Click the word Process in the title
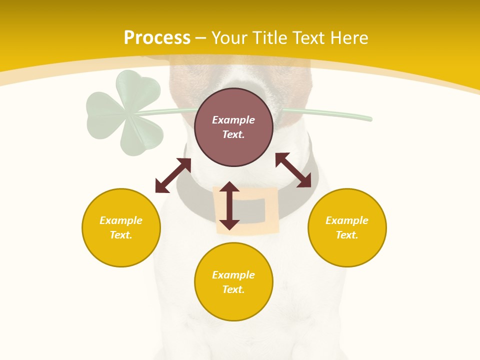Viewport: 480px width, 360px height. [157, 38]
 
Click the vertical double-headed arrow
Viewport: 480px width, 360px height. [229, 205]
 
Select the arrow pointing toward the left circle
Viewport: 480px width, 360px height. [173, 175]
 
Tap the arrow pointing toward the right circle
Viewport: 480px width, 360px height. [293, 170]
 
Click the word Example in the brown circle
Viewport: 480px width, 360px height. [233, 120]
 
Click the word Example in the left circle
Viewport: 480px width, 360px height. [121, 220]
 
